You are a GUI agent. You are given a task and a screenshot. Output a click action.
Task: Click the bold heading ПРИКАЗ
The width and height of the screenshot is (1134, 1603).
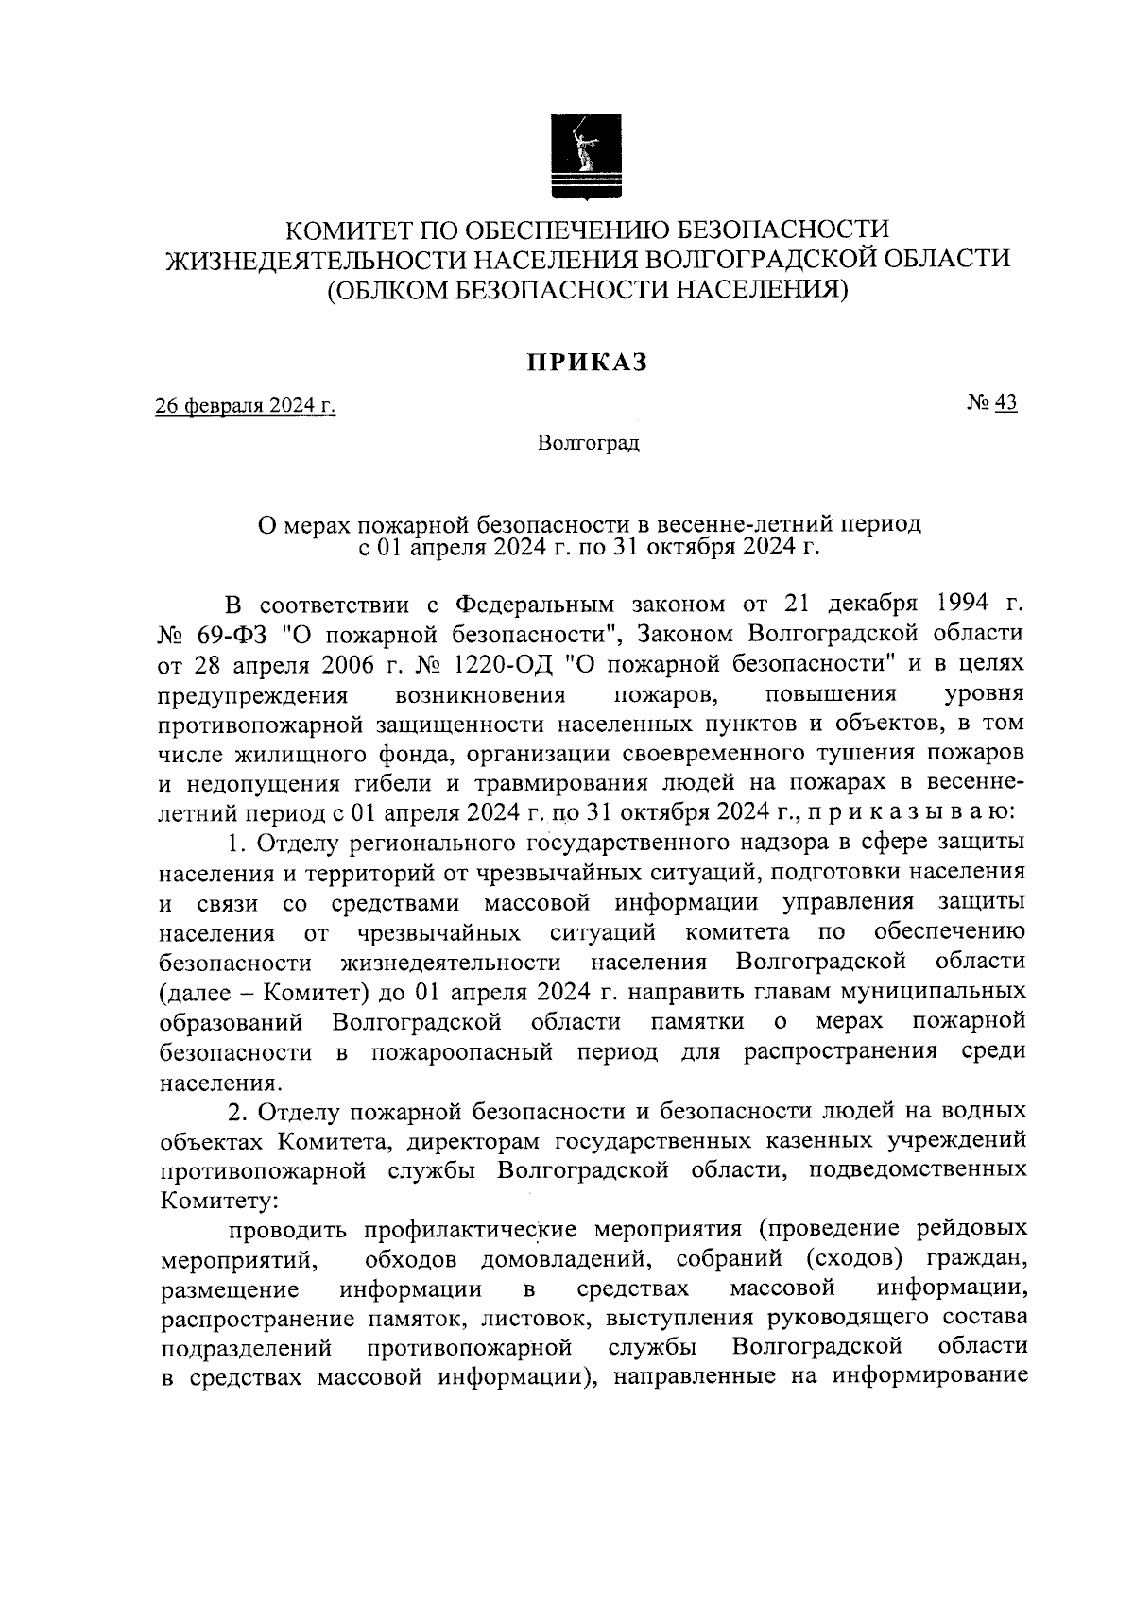pos(587,362)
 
